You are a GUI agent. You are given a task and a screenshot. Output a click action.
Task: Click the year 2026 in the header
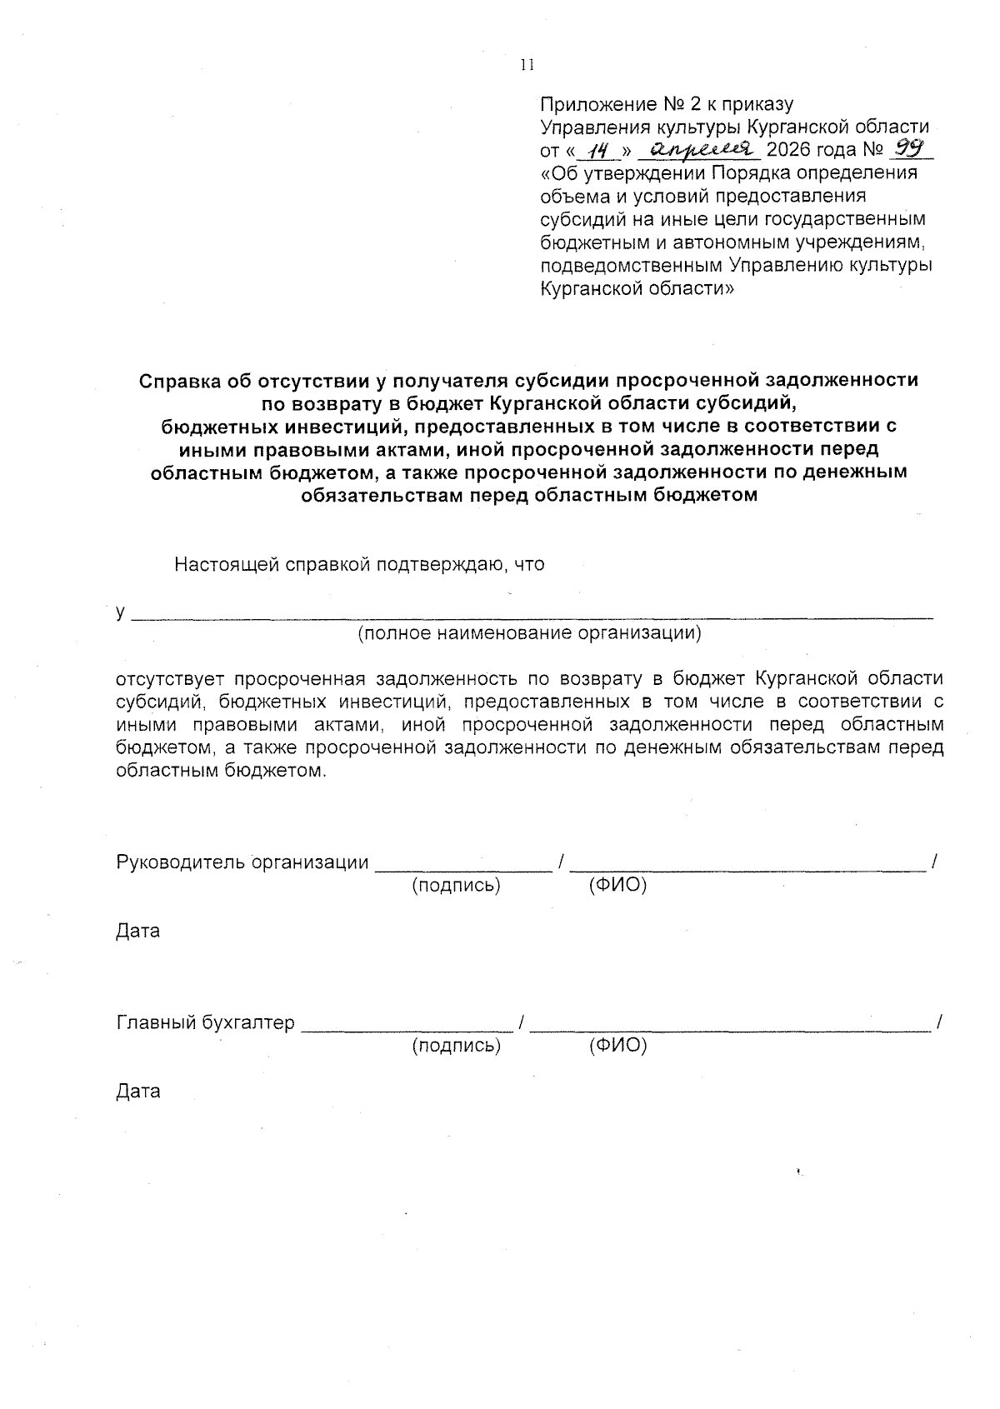click(787, 151)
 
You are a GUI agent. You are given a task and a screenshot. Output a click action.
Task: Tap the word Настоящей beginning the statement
click(227, 564)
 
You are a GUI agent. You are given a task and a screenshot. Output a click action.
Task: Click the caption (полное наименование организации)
click(529, 632)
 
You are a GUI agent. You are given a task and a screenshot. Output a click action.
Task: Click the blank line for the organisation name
click(533, 617)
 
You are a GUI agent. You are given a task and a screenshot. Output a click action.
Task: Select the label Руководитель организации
click(242, 862)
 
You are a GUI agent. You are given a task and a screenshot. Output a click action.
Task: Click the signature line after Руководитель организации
click(463, 868)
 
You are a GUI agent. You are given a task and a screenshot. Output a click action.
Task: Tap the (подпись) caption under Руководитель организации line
click(456, 886)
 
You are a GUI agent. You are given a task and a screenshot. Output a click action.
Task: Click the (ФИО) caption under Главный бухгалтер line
click(617, 1045)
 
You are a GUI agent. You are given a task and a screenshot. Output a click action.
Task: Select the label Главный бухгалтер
click(205, 1022)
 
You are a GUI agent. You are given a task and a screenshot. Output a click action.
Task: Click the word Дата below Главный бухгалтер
click(137, 1091)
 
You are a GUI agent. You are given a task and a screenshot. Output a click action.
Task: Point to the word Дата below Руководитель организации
click(137, 931)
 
